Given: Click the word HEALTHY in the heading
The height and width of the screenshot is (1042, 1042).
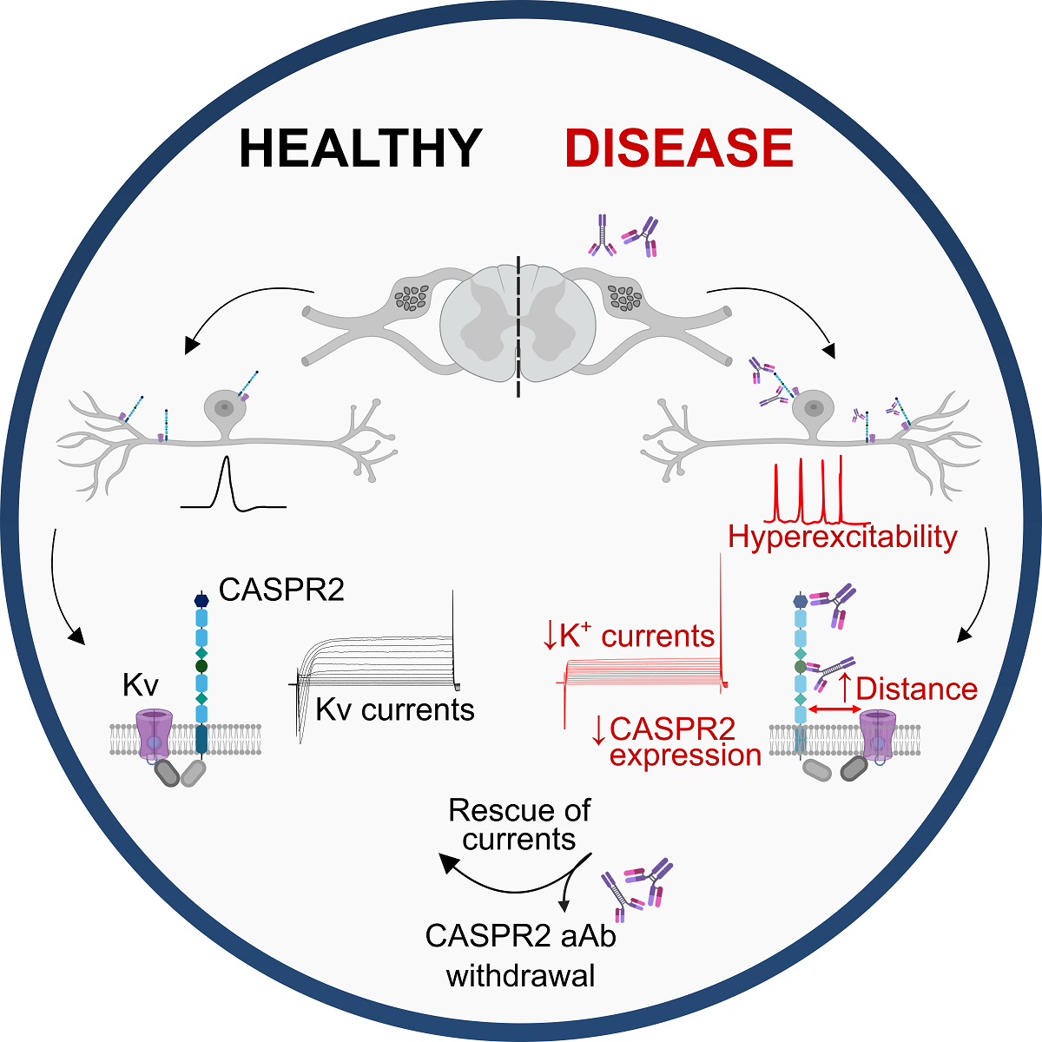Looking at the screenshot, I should pos(360,148).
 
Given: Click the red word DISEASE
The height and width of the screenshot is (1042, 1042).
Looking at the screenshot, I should pos(679,148).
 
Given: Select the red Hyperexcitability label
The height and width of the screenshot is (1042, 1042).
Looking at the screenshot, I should pos(842,537).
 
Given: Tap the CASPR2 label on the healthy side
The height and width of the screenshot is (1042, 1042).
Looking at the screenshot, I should pos(281,590).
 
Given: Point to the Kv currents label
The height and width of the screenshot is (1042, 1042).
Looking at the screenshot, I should pos(395,710).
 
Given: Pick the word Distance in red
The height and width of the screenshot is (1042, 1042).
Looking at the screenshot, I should pos(916,689).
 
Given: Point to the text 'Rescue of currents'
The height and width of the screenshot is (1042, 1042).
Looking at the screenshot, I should pos(519,825).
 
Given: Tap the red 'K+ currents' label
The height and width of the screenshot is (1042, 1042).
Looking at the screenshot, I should pos(629,636).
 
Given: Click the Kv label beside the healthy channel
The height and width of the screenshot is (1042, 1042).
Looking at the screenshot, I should pos(140,685).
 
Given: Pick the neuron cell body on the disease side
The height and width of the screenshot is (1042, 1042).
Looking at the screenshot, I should pos(814,406).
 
